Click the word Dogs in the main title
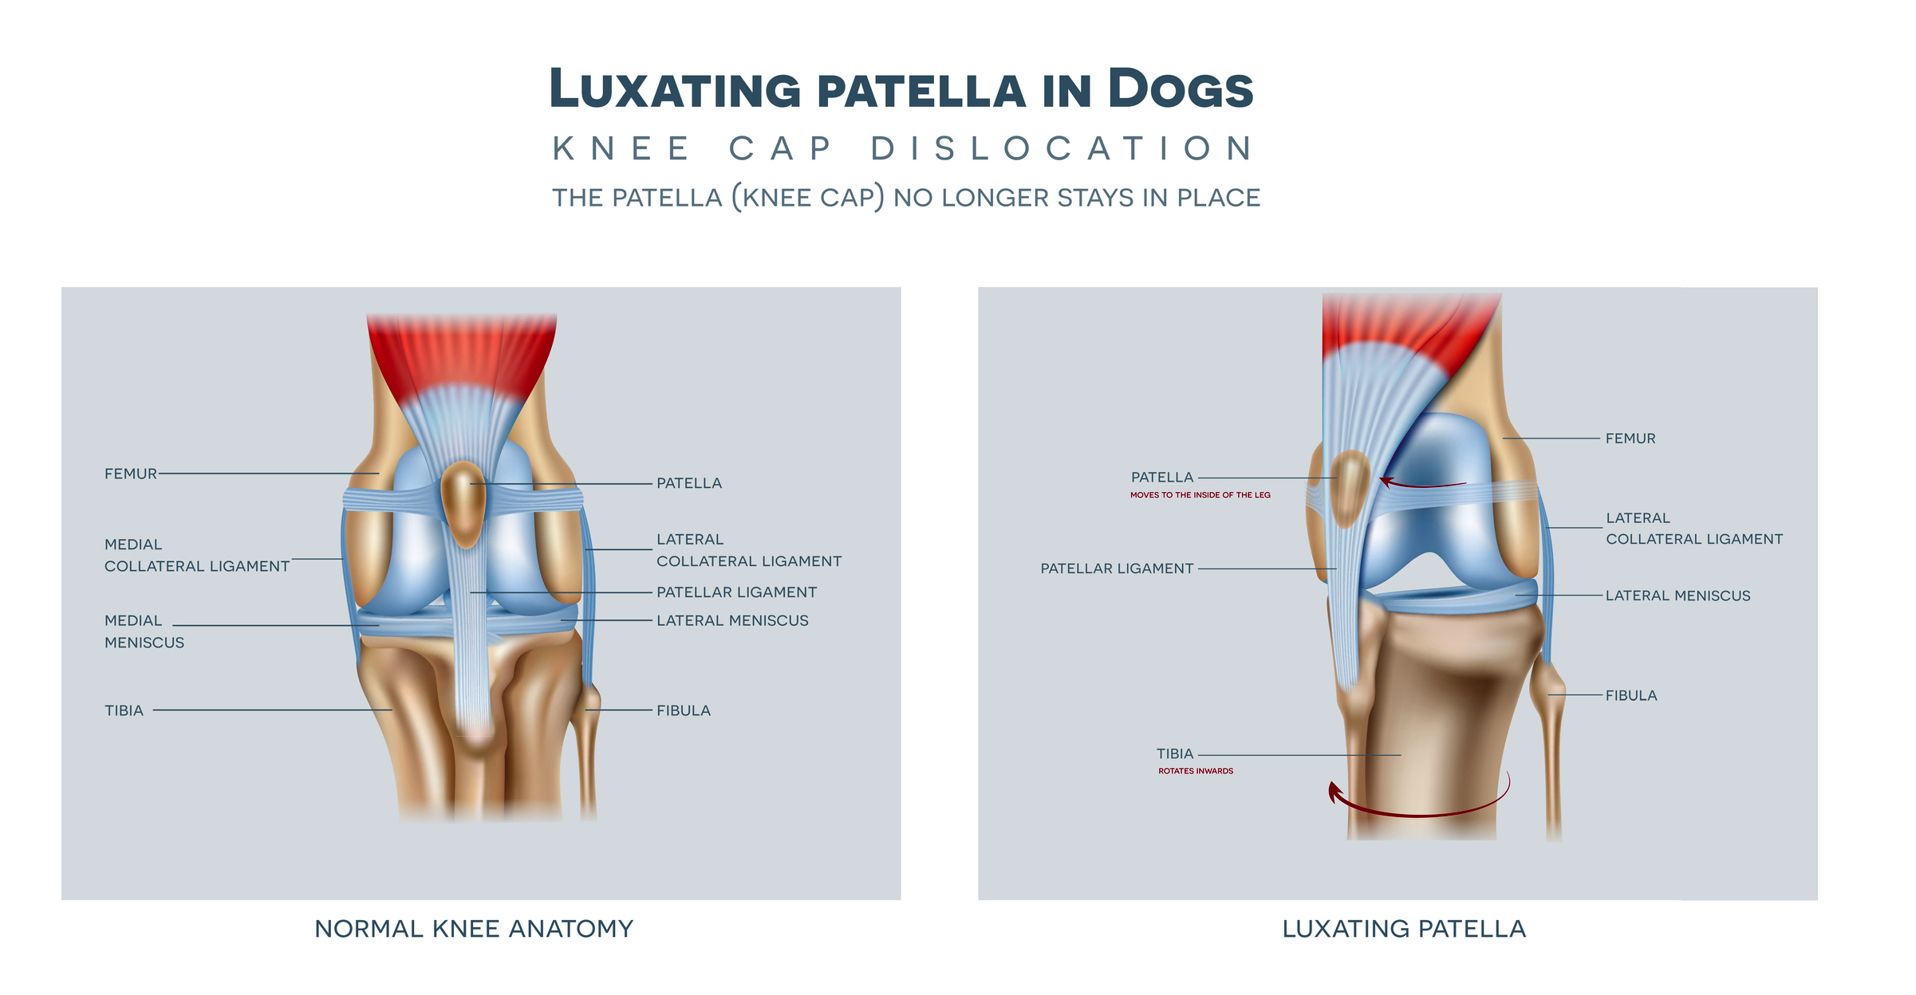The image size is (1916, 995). tap(1181, 88)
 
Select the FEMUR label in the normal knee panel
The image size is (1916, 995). tap(131, 474)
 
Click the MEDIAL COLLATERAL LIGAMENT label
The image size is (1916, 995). tap(196, 556)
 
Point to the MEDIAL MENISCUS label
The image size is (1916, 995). tap(144, 631)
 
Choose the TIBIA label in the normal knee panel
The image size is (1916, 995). tap(124, 710)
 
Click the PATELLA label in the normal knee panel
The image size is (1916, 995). tap(689, 483)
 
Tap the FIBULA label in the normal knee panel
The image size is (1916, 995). tap(684, 710)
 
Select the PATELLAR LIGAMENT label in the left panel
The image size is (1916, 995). tap(736, 592)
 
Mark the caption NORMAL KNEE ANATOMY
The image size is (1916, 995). tap(474, 929)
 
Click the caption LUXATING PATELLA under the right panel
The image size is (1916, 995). tap(1404, 929)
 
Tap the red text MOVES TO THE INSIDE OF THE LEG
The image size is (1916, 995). tap(1200, 495)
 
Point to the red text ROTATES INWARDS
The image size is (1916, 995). tap(1196, 771)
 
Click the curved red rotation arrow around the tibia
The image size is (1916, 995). tap(1420, 813)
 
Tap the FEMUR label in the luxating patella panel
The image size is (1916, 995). tap(1630, 439)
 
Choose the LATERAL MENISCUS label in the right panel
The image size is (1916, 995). tap(1677, 596)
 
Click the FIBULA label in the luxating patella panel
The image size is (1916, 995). tap(1631, 695)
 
